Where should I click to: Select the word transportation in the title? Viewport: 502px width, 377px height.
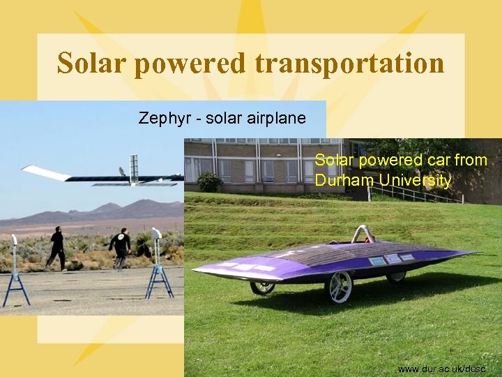coord(349,63)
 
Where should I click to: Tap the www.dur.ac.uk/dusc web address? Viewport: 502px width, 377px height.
coord(440,367)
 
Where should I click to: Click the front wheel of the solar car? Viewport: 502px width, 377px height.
coord(340,287)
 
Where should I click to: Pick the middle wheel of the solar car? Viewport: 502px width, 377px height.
coord(263,286)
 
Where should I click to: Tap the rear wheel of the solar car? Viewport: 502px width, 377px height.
coord(396,275)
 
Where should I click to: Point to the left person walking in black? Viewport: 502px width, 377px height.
coord(56,249)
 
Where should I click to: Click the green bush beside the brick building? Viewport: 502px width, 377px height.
coord(209,182)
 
